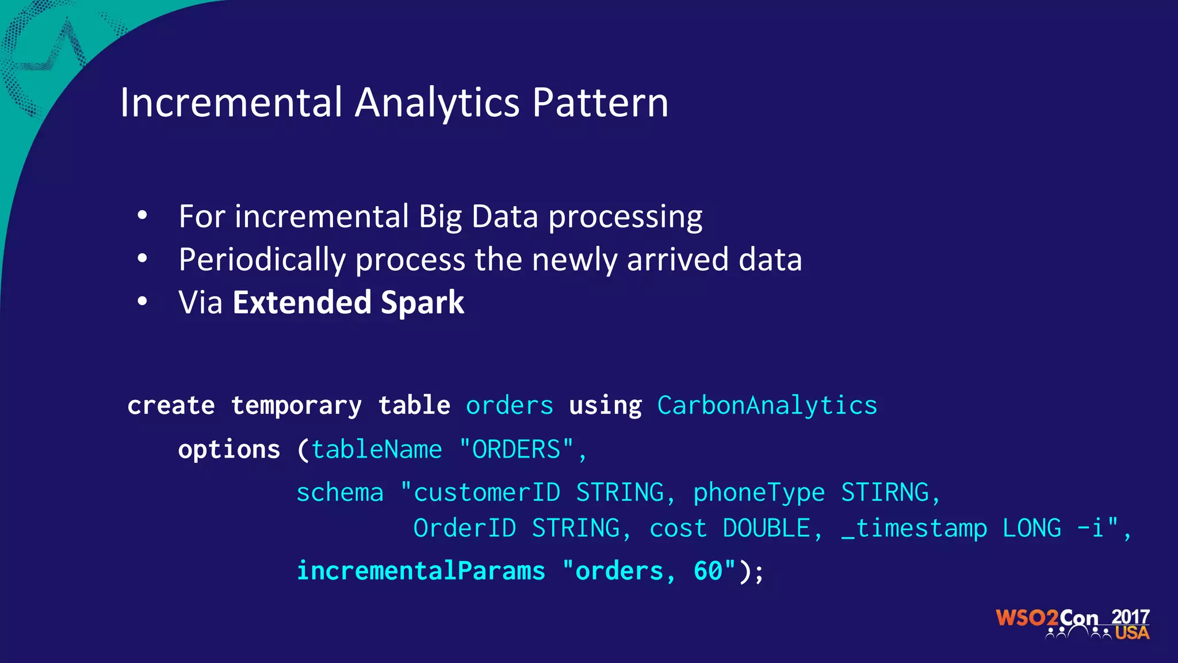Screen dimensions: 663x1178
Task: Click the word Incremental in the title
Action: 231,103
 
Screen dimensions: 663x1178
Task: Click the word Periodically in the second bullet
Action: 262,260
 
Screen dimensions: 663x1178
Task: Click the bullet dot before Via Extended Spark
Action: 143,301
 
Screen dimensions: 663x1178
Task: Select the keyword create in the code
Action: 171,406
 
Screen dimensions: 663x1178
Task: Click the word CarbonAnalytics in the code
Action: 767,406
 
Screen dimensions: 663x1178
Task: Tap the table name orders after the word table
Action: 510,406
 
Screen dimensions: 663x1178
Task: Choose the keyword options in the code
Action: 229,449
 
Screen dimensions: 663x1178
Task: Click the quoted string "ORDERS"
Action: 516,449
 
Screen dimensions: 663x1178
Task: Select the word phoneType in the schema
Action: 759,493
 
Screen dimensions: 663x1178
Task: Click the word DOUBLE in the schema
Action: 766,528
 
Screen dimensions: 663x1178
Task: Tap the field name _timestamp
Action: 914,528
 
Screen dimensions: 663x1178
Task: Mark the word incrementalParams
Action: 420,571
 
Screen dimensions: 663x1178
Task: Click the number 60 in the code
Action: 707,571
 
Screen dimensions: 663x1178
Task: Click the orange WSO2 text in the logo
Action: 1027,618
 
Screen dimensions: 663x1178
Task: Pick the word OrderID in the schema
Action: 465,528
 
